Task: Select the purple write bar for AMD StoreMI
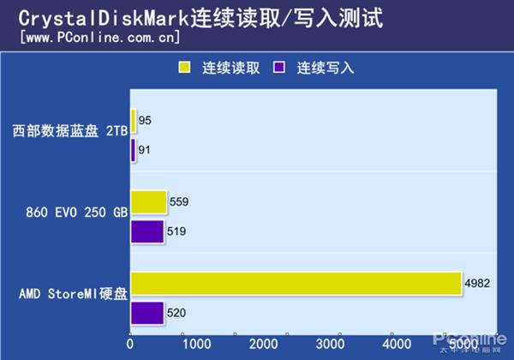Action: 147,313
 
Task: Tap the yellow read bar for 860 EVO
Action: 149,202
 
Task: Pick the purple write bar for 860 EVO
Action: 147,231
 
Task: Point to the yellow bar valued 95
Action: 134,120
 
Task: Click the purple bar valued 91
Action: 133,150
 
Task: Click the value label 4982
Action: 477,284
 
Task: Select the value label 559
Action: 179,202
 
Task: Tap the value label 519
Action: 176,231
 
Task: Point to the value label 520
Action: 176,313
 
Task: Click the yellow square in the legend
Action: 183,67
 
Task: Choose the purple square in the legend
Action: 278,67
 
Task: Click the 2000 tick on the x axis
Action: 263,343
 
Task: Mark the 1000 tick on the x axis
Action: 196,343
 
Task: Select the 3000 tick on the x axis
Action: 330,343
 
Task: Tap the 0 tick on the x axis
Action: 131,343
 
